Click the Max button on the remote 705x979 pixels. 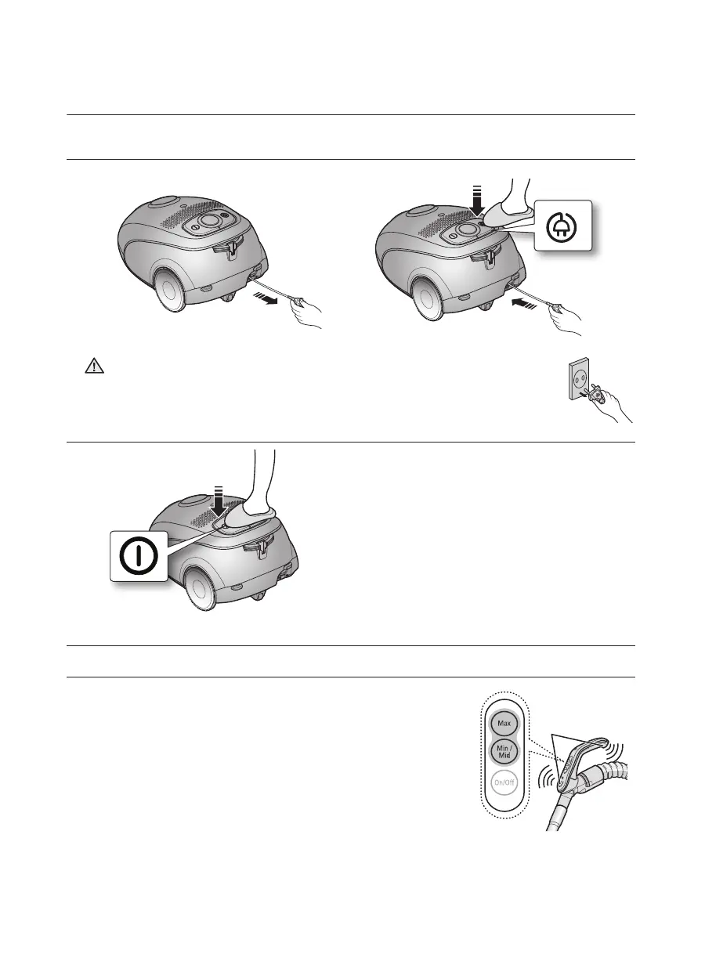coord(504,724)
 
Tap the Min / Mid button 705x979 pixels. coord(504,752)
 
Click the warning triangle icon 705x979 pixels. coord(95,366)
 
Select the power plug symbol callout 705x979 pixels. coord(563,225)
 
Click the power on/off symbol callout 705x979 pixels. coord(139,556)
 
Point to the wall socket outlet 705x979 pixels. coord(579,378)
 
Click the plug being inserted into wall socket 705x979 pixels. coord(598,392)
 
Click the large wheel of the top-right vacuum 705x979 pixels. coord(429,298)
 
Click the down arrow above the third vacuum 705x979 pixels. coord(219,502)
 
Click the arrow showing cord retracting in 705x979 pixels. coord(524,303)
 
